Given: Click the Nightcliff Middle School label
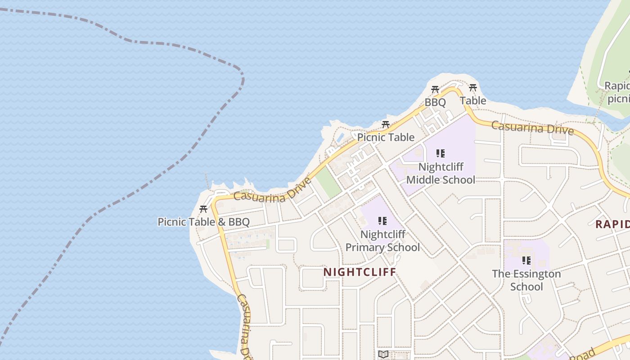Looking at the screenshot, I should click(x=441, y=173).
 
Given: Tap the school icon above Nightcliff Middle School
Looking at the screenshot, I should click(x=441, y=153).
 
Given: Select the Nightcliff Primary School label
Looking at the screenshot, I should click(x=382, y=241).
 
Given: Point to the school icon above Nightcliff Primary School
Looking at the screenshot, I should click(x=382, y=221).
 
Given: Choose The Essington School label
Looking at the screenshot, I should click(x=526, y=280).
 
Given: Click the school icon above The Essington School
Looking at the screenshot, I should click(x=526, y=260).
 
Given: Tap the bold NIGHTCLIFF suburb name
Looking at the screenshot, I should click(x=360, y=272).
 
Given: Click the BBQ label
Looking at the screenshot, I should click(x=435, y=103).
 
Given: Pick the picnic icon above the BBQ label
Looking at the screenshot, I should click(x=435, y=90).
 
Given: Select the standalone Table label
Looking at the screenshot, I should click(x=473, y=101).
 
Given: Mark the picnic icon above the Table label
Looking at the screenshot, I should click(x=472, y=87).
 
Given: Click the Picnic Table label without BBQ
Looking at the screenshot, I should click(x=386, y=137).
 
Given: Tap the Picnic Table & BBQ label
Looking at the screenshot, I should click(x=203, y=222).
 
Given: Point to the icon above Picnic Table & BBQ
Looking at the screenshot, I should click(x=203, y=209).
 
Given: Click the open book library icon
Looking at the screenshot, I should click(x=383, y=354).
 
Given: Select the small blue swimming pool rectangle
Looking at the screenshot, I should click(x=341, y=136).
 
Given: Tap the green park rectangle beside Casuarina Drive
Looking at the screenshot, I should click(x=328, y=182).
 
